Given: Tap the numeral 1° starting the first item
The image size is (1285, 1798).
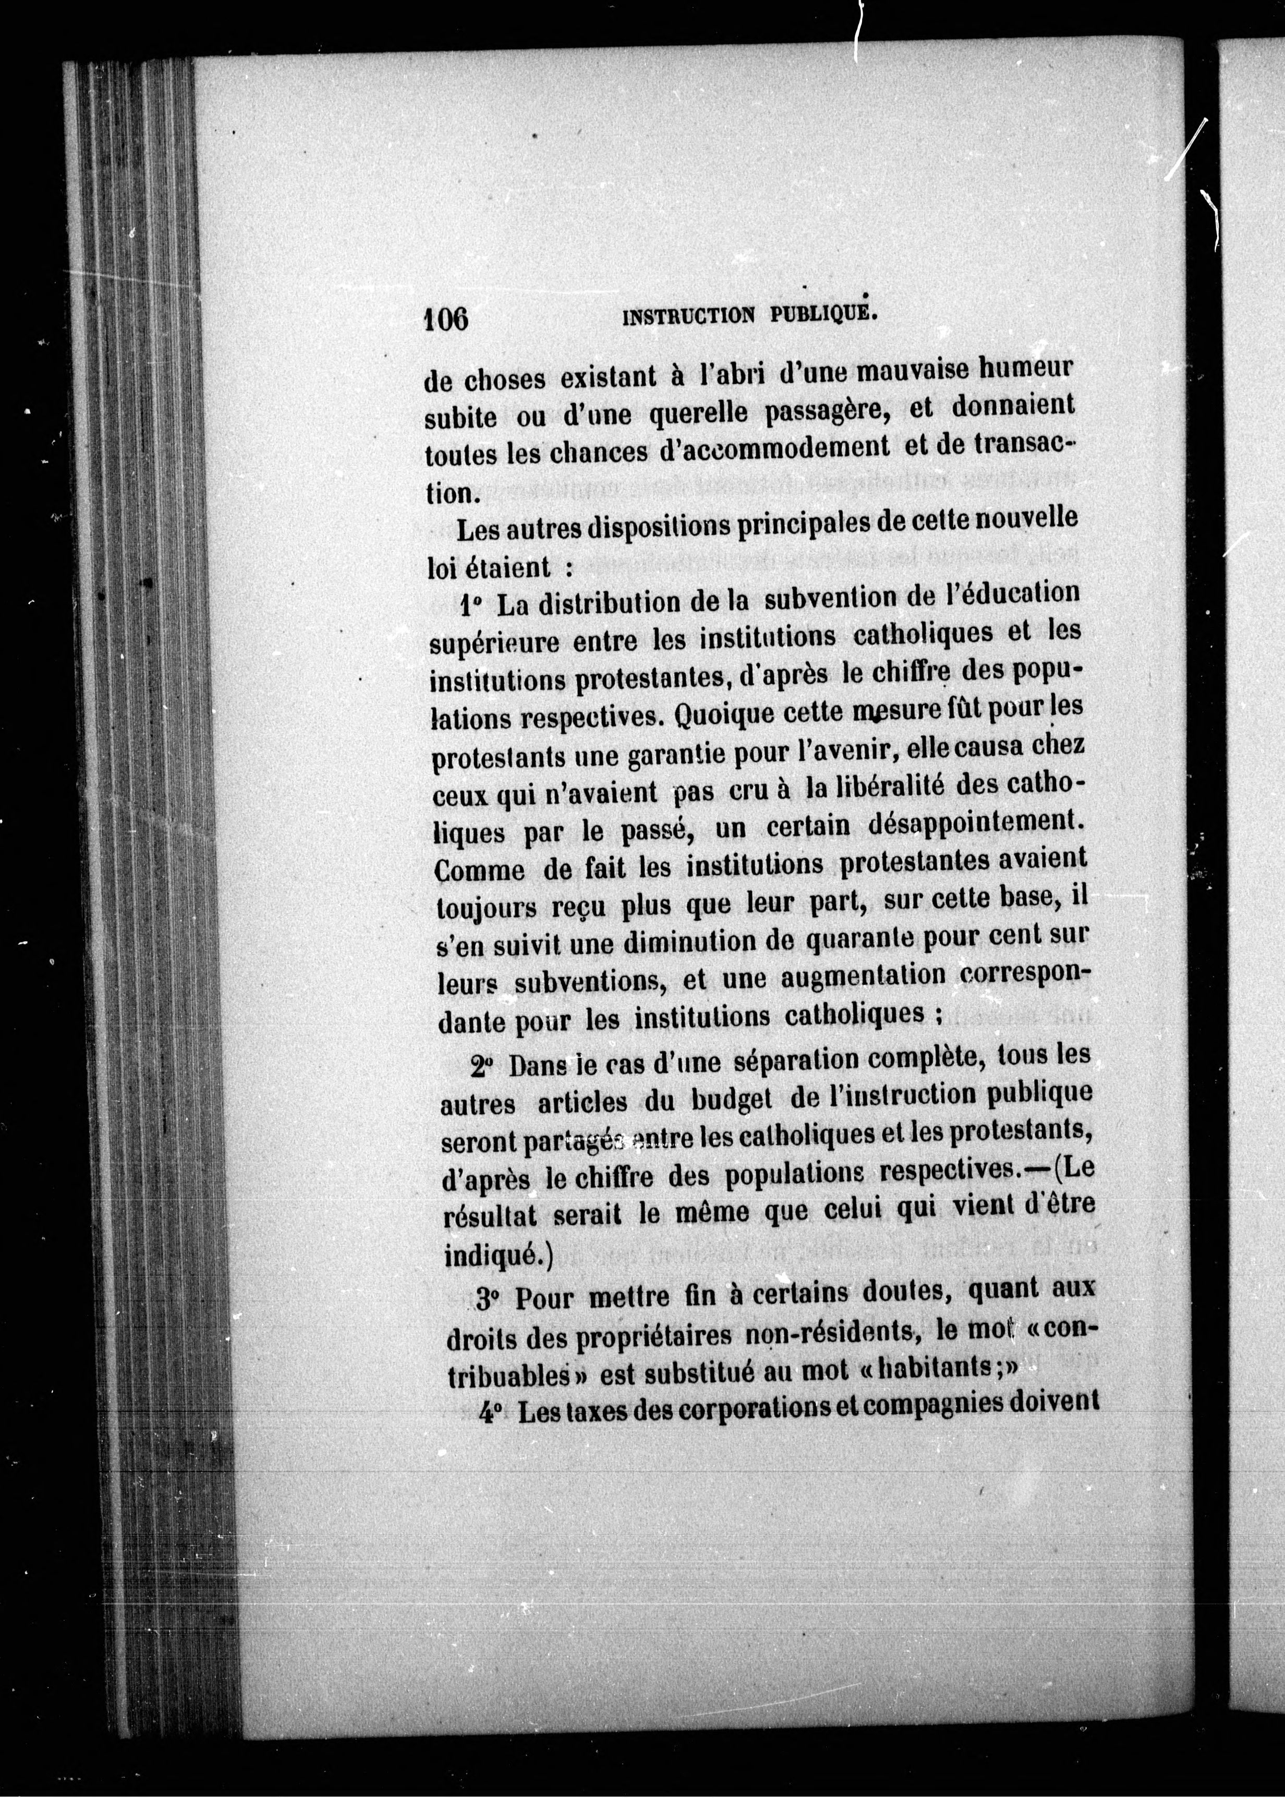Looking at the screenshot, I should click(x=471, y=606).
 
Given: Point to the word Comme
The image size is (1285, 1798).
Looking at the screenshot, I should click(x=479, y=871).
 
